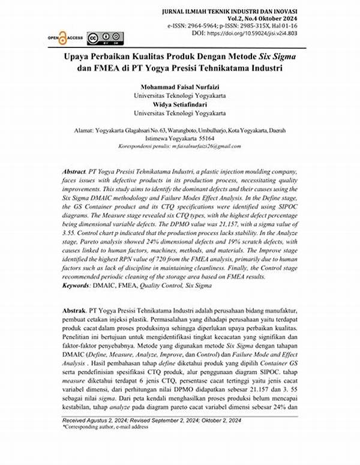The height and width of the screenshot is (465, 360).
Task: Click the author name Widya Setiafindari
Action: (180, 104)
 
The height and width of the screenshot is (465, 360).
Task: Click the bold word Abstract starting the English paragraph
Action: (74, 172)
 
